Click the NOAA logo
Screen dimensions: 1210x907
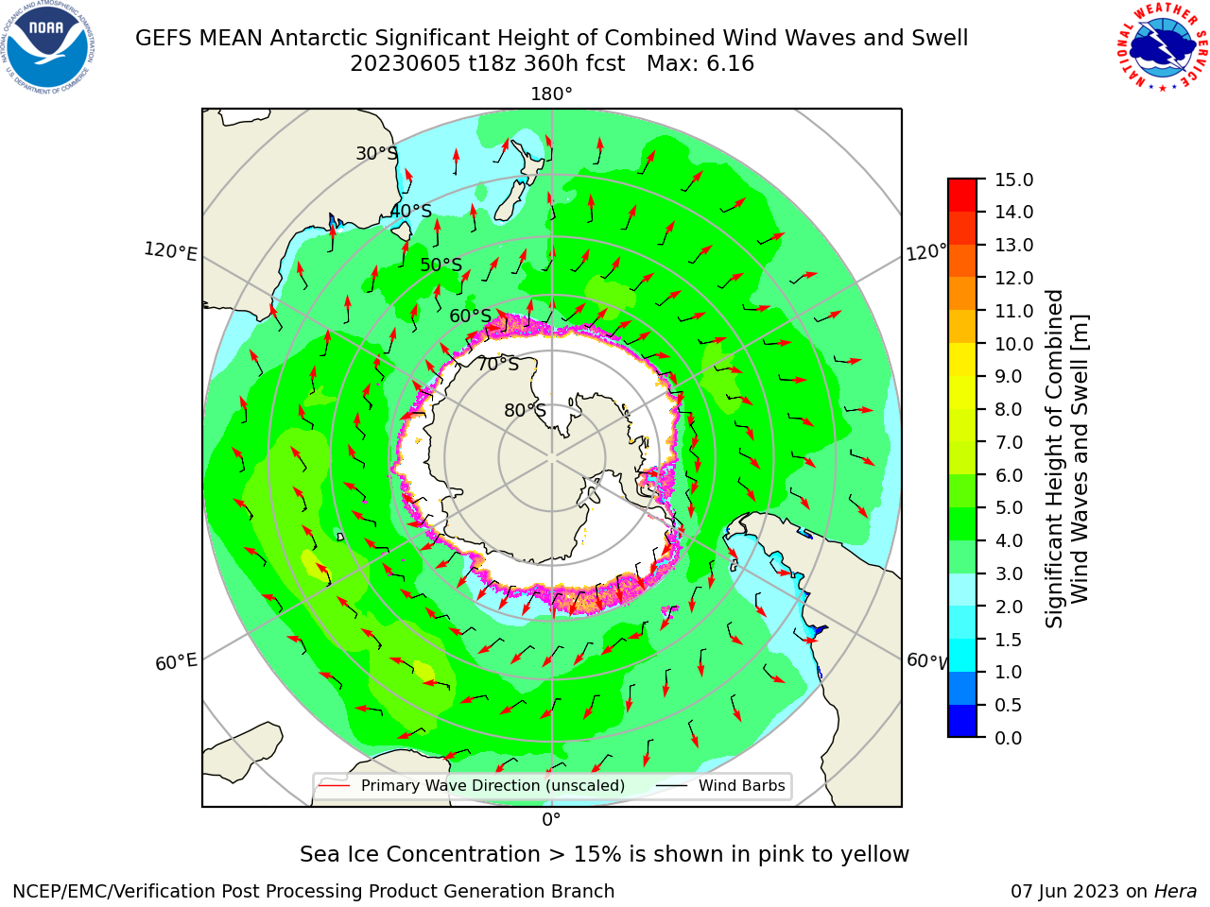point(47,47)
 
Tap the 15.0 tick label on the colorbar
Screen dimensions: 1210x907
point(1013,180)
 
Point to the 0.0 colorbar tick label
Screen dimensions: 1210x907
point(1008,738)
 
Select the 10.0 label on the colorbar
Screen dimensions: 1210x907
point(1013,344)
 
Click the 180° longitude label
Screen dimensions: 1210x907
point(551,94)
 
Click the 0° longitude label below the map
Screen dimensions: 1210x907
point(551,820)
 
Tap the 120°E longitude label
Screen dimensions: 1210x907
point(170,251)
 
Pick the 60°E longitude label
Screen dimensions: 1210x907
point(176,662)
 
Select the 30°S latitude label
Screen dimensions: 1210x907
point(376,153)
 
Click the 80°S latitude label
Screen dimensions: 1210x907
point(525,410)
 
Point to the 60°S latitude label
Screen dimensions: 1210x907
point(470,316)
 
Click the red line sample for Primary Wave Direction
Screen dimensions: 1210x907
point(334,785)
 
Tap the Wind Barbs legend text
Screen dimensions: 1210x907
point(741,785)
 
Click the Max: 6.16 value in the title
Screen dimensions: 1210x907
point(700,64)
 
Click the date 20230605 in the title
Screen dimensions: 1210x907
point(405,64)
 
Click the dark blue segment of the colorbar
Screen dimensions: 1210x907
point(962,721)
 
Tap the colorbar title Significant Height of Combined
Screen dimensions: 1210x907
point(1053,459)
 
